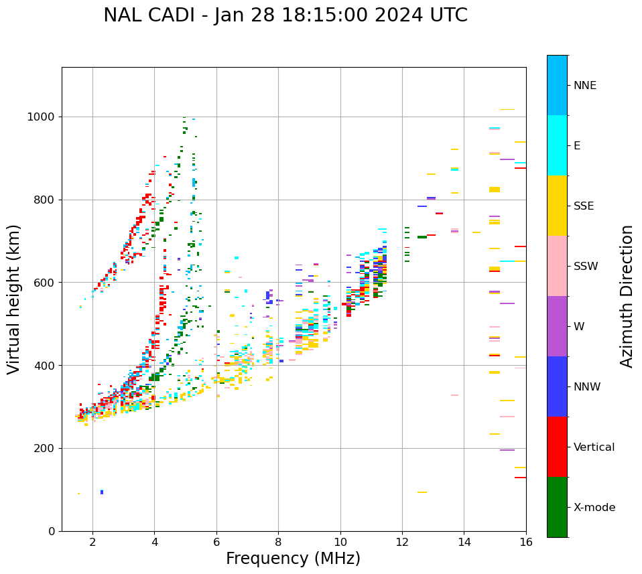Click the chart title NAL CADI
[285, 15]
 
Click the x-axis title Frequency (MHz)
[293, 559]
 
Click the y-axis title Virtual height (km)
[14, 299]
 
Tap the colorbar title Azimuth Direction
[627, 295]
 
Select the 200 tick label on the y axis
[47, 448]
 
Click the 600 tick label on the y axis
[47, 283]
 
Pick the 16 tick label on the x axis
[526, 542]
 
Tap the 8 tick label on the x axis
[279, 542]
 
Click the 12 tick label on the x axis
[402, 542]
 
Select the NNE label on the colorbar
[584, 86]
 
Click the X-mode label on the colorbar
[594, 508]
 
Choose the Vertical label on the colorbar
[594, 447]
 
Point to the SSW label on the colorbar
[586, 267]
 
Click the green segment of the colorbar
[557, 507]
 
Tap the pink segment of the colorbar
[557, 266]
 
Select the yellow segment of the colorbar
[557, 206]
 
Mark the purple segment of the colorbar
[557, 326]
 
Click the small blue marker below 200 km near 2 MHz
[102, 492]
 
